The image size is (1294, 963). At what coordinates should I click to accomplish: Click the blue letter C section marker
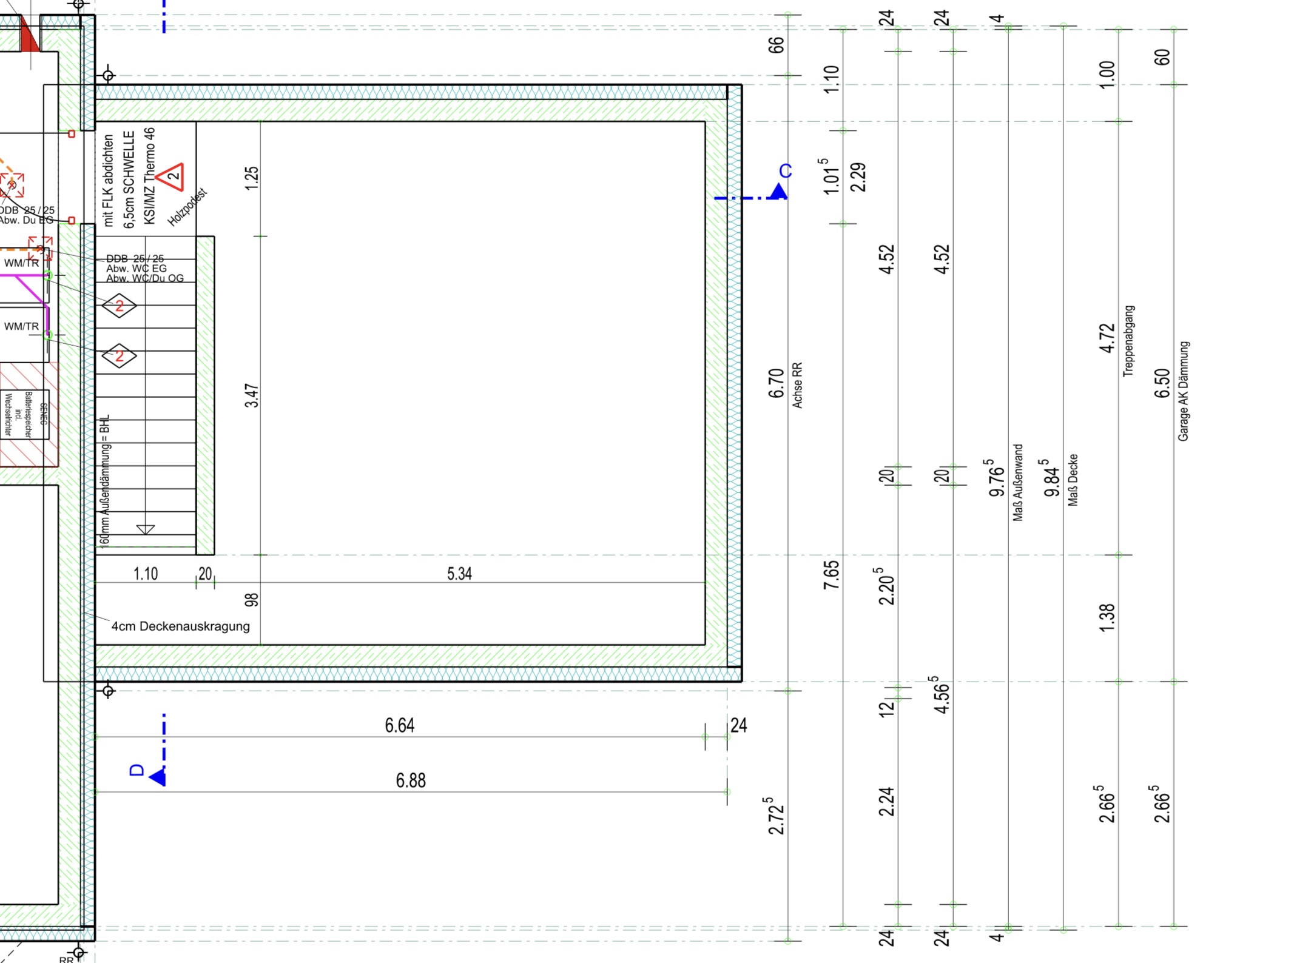click(785, 172)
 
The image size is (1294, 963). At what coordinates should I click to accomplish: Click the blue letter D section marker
click(137, 770)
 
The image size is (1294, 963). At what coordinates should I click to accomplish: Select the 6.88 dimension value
click(411, 780)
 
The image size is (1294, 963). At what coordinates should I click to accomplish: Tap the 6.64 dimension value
click(399, 725)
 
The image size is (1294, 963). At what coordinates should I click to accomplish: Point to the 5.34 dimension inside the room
click(459, 574)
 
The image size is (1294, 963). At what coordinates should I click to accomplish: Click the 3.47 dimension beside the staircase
click(252, 395)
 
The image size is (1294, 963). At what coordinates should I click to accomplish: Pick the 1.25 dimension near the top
click(252, 178)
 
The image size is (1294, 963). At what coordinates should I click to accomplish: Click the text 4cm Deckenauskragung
click(180, 626)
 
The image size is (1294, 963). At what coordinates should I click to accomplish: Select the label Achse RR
click(797, 385)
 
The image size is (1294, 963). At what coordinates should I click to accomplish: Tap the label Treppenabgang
click(1128, 341)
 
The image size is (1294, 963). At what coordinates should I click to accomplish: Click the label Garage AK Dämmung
click(1183, 391)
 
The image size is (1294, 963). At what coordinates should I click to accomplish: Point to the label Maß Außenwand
click(1018, 482)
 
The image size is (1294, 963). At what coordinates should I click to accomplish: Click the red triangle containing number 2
click(172, 176)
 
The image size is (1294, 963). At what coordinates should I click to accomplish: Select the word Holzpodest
click(187, 207)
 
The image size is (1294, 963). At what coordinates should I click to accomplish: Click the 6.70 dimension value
click(776, 383)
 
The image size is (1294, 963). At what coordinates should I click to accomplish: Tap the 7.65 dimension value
click(831, 574)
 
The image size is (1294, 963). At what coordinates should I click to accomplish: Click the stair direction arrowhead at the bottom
click(146, 529)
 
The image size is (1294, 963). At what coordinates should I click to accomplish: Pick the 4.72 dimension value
click(1107, 338)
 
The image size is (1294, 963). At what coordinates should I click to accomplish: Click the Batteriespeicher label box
click(25, 415)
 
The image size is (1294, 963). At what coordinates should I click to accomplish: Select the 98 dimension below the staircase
click(251, 600)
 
